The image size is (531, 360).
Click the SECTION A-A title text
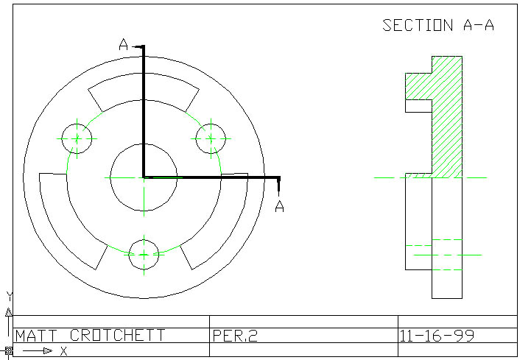point(437,25)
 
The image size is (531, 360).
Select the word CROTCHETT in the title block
point(115,336)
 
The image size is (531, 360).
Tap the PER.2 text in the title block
point(235,336)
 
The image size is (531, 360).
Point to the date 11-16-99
point(437,336)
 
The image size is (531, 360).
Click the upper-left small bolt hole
point(78,138)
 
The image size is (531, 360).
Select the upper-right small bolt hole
point(210,138)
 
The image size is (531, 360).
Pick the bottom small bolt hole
point(144,254)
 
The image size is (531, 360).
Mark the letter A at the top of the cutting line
point(124,46)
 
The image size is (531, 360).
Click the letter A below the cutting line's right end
point(279,207)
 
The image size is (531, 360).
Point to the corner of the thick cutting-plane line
point(144,177)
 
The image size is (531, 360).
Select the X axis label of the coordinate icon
point(64,352)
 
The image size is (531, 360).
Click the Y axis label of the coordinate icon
point(10,296)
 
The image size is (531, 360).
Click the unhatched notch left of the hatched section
point(418,105)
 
